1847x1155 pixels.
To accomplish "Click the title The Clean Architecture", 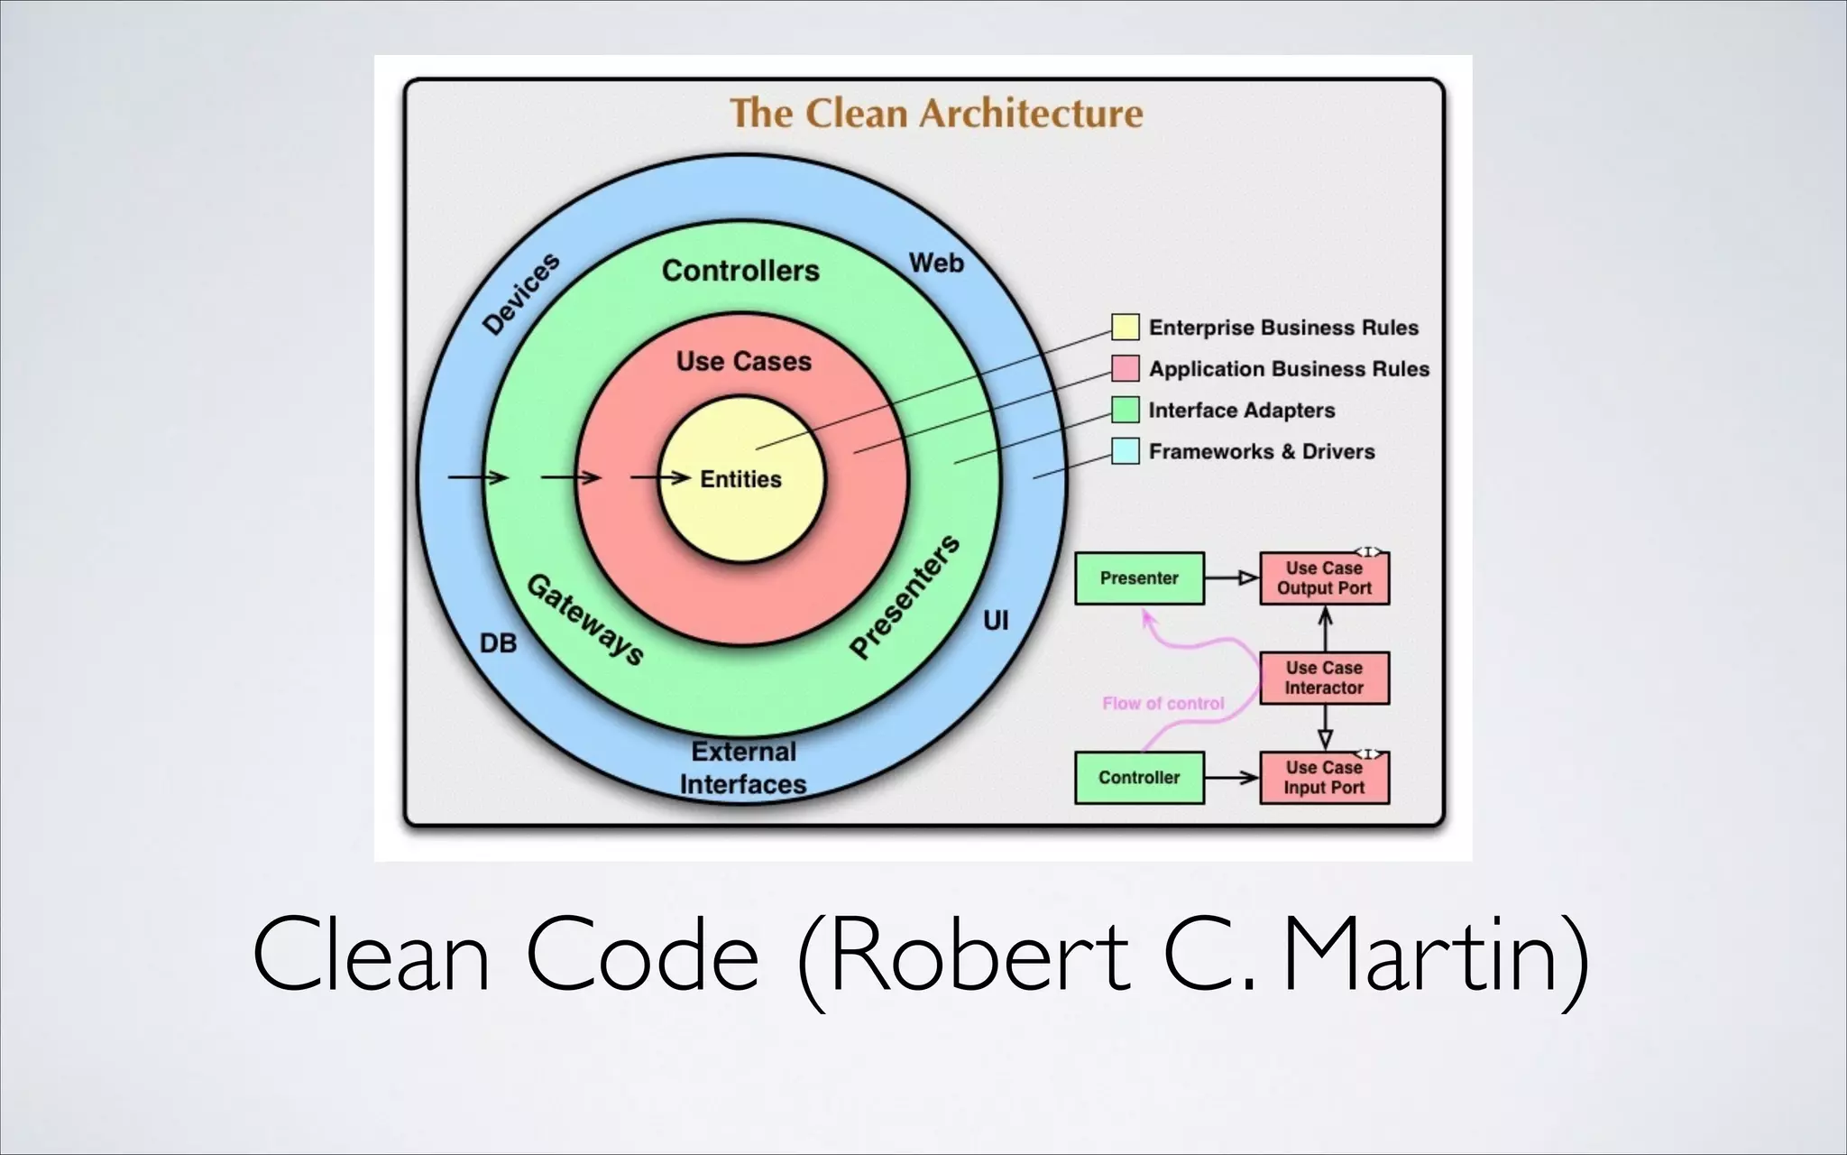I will [936, 115].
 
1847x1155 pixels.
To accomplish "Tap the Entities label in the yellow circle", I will [740, 479].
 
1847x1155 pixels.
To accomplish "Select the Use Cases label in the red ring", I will [744, 362].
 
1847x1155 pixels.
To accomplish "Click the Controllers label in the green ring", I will [740, 271].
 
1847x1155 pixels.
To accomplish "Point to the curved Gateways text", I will [585, 620].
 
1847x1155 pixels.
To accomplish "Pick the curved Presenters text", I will [905, 596].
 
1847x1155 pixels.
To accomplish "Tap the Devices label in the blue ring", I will [521, 294].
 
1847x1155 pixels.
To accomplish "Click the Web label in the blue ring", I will [936, 263].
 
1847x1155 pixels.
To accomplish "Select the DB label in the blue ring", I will [498, 643].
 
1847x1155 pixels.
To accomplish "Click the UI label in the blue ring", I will [996, 621].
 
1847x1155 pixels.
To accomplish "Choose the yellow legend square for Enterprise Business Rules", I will [1125, 327].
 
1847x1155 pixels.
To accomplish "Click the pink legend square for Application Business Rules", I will [1125, 368].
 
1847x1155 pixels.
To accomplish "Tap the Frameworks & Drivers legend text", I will [1261, 451].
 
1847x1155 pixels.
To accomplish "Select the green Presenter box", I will [1139, 578].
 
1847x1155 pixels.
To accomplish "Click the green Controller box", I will [1139, 778].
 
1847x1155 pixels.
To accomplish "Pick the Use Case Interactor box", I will [1324, 678].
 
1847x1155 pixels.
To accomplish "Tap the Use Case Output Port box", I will [1324, 578].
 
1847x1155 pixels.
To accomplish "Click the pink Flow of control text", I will [1162, 704].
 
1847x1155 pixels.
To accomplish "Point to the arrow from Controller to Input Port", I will [1231, 778].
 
